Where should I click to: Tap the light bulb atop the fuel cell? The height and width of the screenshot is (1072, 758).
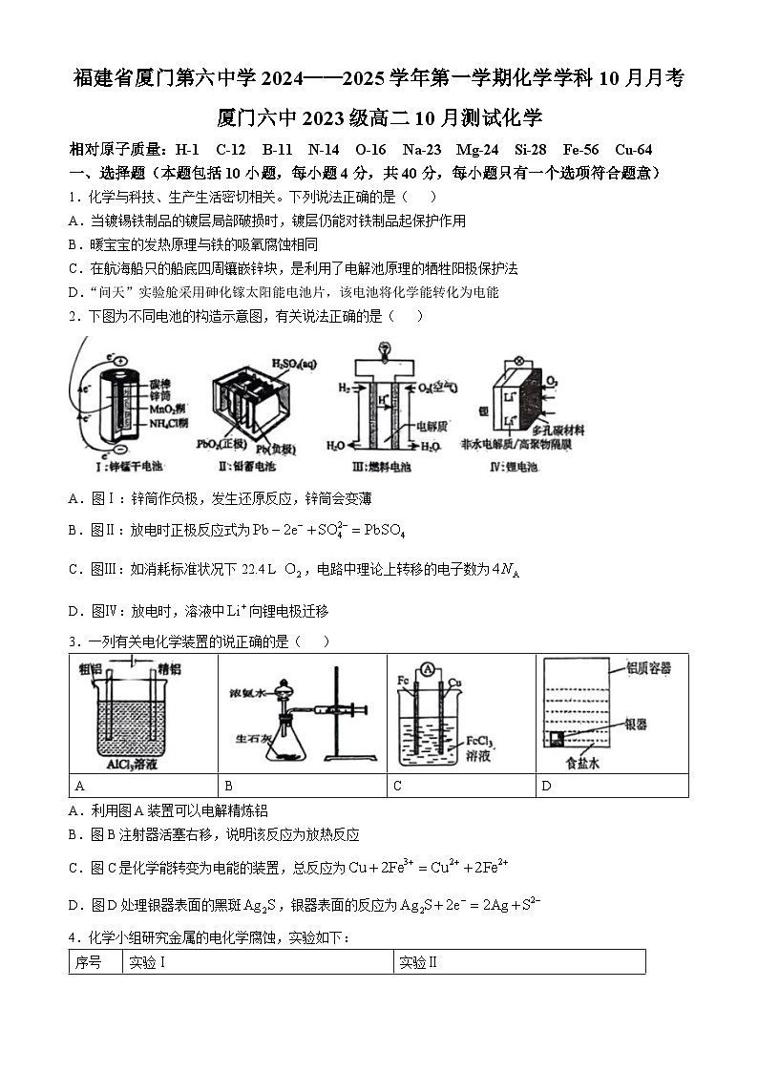click(x=386, y=346)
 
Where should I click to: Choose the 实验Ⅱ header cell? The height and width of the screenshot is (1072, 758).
click(x=519, y=962)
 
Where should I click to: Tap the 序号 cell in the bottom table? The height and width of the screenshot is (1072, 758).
click(x=95, y=962)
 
